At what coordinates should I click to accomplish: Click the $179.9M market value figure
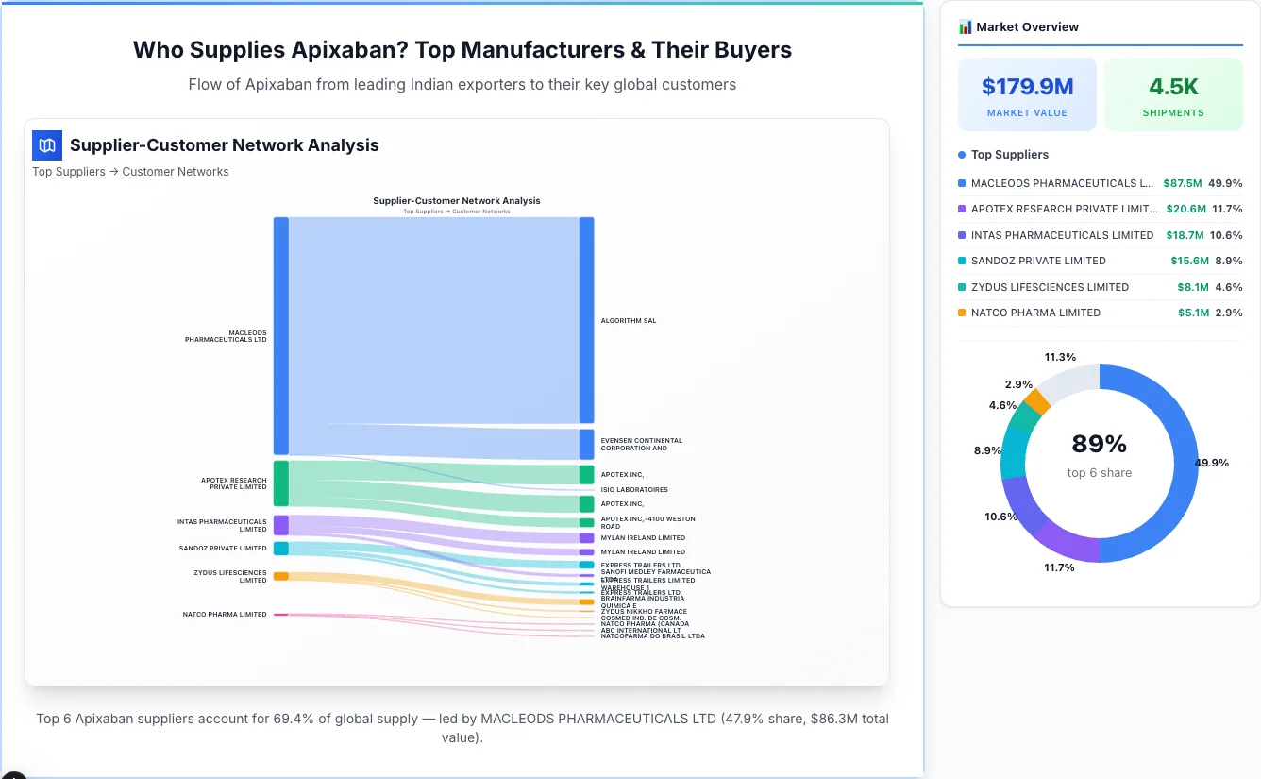point(1027,87)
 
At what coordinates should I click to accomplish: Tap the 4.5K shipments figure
point(1173,87)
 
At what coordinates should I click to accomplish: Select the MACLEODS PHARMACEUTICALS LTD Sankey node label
point(226,336)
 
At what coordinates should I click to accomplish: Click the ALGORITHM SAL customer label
point(629,321)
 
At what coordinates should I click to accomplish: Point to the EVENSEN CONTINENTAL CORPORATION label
point(641,444)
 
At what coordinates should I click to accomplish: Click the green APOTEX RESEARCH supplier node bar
point(281,483)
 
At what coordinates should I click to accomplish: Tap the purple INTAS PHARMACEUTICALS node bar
point(281,525)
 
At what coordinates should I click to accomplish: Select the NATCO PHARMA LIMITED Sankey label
point(225,615)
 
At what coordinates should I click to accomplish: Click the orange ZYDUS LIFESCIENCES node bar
point(281,576)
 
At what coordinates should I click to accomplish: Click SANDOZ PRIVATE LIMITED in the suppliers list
point(1038,261)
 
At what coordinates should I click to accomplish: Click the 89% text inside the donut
point(1100,444)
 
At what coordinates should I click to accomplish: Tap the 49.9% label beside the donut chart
point(1211,463)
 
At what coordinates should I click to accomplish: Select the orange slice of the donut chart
point(1037,401)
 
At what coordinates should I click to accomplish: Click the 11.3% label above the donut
point(1060,357)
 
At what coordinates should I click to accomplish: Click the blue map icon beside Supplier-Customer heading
point(46,145)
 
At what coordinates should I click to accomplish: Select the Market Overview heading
point(1027,26)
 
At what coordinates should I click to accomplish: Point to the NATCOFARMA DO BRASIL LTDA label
point(652,636)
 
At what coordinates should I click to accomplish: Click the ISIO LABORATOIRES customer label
point(634,490)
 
